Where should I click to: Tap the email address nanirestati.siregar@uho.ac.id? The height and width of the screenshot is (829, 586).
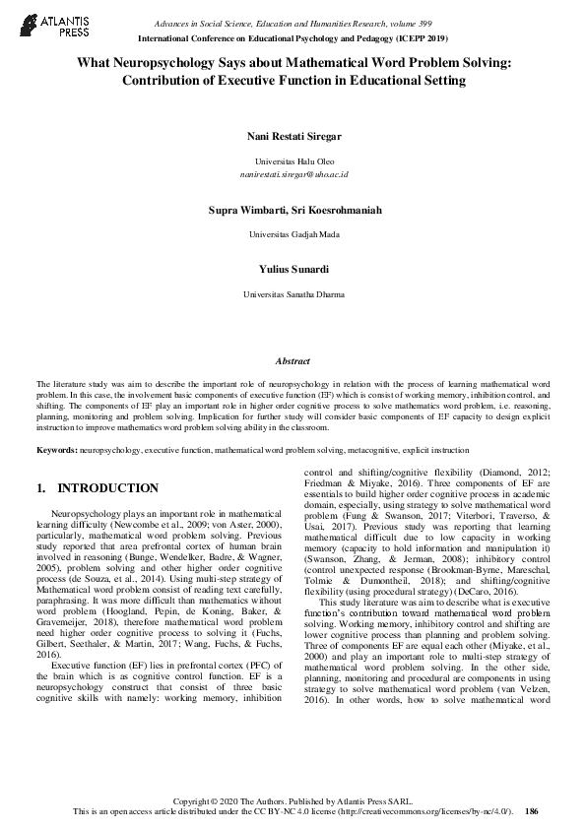click(x=293, y=173)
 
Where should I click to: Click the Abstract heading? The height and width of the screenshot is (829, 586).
click(x=293, y=361)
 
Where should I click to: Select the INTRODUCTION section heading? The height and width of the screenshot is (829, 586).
click(x=108, y=488)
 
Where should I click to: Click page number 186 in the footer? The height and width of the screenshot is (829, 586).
click(x=532, y=811)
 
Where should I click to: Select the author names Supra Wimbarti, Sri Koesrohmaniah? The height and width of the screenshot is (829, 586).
click(x=293, y=211)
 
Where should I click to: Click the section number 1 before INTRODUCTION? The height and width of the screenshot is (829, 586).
click(x=39, y=488)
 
